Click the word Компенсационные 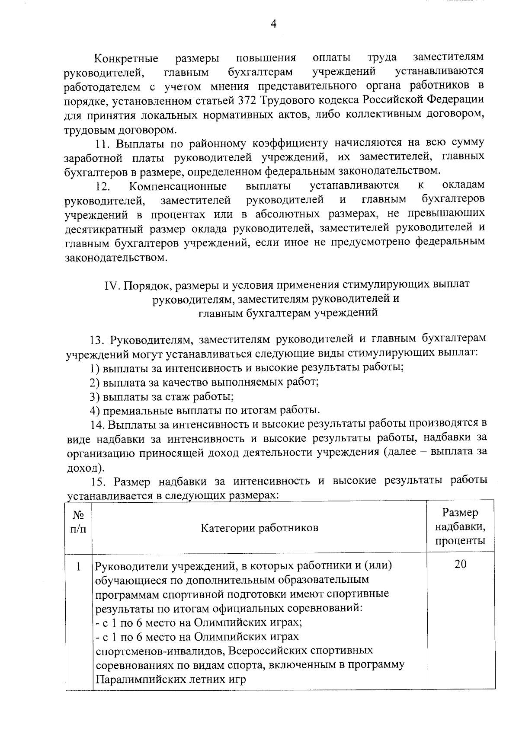(178, 186)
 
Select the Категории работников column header (259, 528)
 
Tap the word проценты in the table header (460, 541)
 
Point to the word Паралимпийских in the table (140, 680)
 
